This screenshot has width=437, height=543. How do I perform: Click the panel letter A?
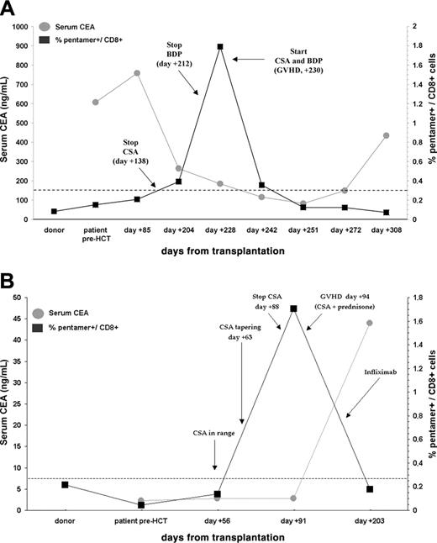click(13, 12)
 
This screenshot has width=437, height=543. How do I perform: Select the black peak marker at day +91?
click(293, 308)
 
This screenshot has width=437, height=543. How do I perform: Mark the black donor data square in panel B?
click(66, 461)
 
